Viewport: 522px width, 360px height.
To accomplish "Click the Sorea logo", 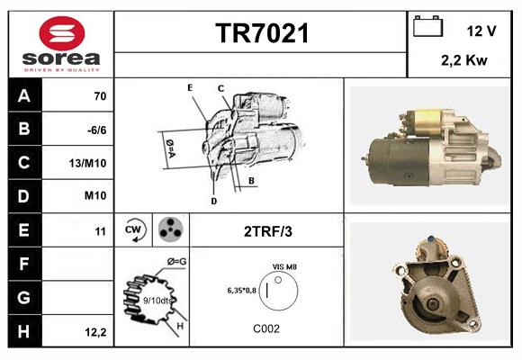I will (60, 44).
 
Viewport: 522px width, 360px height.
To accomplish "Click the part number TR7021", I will (261, 34).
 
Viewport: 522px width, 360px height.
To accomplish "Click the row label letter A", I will (24, 96).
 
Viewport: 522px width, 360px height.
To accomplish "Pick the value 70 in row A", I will (100, 96).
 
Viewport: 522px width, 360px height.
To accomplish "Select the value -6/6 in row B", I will (97, 130).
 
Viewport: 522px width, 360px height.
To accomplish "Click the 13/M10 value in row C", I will (94, 164).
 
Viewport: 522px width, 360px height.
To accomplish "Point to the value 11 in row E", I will (101, 231).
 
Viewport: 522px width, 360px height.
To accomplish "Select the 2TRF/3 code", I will (267, 231).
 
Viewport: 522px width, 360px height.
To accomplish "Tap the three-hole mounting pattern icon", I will (169, 229).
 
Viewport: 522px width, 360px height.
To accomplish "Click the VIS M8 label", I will (285, 266).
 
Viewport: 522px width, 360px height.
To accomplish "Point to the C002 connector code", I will (267, 328).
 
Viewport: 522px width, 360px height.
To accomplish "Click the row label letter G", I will (24, 298).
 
